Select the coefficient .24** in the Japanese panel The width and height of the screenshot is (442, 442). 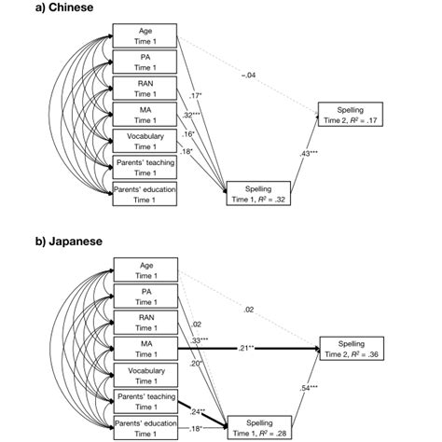coord(198,410)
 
